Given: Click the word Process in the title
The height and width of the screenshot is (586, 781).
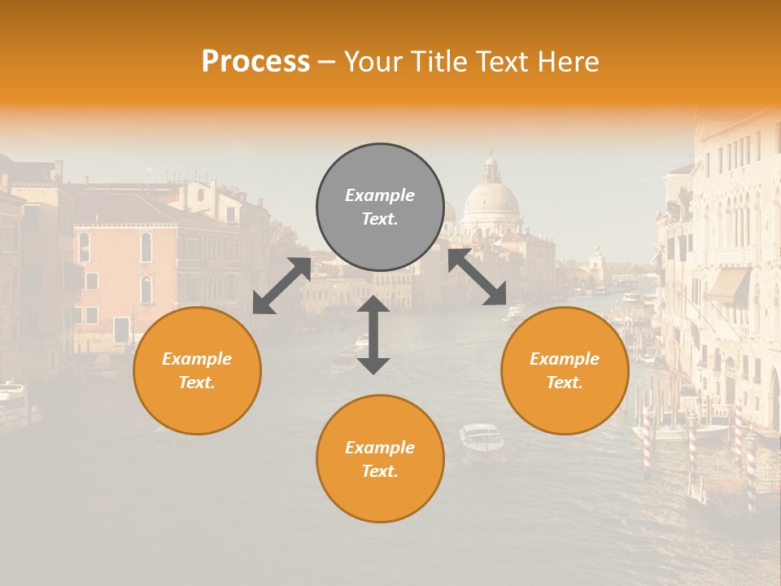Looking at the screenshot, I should tap(255, 62).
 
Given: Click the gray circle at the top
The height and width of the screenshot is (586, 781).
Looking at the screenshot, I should tap(380, 207).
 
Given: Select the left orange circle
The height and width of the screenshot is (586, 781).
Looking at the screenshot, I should tap(197, 370).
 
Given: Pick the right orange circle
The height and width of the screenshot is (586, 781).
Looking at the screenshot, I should tap(565, 370).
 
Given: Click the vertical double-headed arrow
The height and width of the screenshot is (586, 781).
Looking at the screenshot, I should tap(373, 335).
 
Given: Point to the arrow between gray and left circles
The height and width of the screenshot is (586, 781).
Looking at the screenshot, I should tap(281, 285).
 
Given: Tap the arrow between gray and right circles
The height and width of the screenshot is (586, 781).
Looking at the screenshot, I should tap(478, 277).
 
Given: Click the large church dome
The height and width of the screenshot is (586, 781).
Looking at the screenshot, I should tap(491, 200).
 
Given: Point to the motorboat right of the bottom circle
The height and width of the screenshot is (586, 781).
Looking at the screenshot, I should tap(481, 437).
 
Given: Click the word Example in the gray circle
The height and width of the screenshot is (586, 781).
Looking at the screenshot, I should tap(380, 195).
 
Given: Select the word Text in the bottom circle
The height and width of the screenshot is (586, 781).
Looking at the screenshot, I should tap(378, 471).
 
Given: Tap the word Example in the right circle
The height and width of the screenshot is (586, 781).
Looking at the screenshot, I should tap(565, 359).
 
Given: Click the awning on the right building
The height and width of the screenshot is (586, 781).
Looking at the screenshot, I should tap(728, 286).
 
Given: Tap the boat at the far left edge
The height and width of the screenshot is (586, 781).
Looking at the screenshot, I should tap(15, 403).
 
